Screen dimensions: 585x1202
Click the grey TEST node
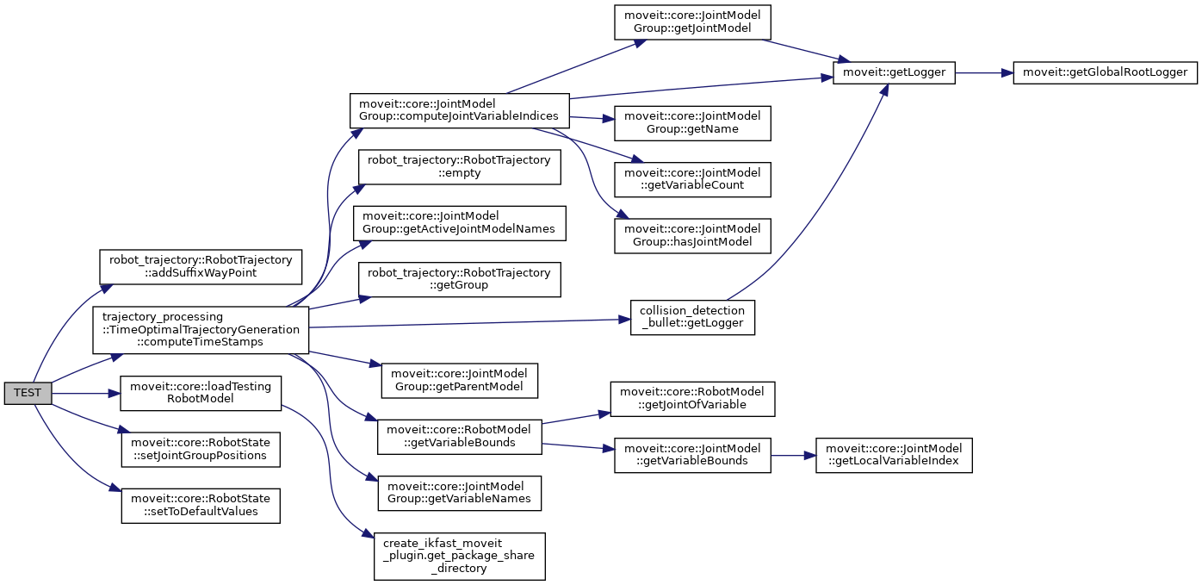coord(28,394)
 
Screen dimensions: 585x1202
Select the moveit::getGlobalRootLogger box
coord(1106,73)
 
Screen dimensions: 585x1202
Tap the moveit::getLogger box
coord(895,73)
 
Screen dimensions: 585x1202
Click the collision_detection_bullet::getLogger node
coord(693,318)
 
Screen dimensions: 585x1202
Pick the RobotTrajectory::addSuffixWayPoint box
coord(201,267)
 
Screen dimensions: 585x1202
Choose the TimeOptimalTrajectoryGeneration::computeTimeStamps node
coord(201,329)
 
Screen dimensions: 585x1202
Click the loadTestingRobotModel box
coord(200,394)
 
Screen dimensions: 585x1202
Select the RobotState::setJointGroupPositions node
coord(200,449)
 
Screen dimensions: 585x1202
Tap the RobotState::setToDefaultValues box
coord(200,504)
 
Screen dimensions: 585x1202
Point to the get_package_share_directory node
coord(460,556)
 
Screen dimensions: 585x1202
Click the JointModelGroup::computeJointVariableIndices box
coord(459,110)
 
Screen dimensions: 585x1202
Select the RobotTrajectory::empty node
coord(459,166)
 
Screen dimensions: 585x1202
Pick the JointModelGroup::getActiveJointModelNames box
coord(460,222)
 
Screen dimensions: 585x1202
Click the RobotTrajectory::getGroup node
coord(459,279)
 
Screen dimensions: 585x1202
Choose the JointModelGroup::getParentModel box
coord(459,381)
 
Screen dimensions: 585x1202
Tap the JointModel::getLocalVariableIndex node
coord(895,455)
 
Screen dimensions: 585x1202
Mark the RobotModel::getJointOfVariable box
coord(692,399)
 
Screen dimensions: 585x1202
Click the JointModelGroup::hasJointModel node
coord(692,235)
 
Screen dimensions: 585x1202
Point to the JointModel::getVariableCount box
coord(692,179)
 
